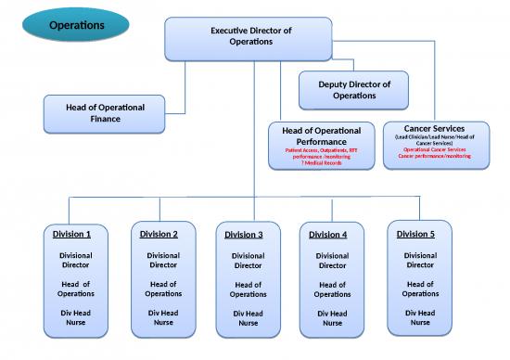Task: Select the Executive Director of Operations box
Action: pyautogui.click(x=250, y=36)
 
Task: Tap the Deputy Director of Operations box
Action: pyautogui.click(x=354, y=90)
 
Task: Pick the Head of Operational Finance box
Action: pyautogui.click(x=105, y=113)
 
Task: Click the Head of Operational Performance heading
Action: pyautogui.click(x=321, y=136)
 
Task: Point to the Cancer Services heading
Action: pyautogui.click(x=435, y=128)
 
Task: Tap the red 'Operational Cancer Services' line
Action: pyautogui.click(x=435, y=149)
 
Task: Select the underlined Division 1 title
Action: pyautogui.click(x=75, y=234)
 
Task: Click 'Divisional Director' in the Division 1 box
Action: pyautogui.click(x=75, y=260)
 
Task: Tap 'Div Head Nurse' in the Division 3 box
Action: pyautogui.click(x=248, y=318)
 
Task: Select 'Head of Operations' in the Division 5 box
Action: pyautogui.click(x=420, y=289)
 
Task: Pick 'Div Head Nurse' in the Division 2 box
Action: pyautogui.click(x=163, y=317)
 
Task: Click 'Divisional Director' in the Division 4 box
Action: pyautogui.click(x=332, y=261)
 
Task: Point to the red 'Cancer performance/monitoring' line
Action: pyautogui.click(x=435, y=156)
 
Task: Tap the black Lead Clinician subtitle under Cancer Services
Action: pyautogui.click(x=435, y=139)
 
